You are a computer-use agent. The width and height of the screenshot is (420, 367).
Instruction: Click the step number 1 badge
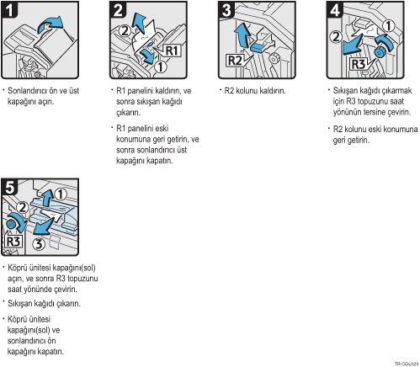pyautogui.click(x=9, y=9)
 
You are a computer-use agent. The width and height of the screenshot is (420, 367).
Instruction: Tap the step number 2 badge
pyautogui.click(x=118, y=9)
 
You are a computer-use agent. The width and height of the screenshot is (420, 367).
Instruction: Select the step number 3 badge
pyautogui.click(x=226, y=9)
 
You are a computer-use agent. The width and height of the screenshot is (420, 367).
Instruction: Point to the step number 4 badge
pyautogui.click(x=335, y=9)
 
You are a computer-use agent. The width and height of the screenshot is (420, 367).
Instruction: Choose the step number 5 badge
pyautogui.click(x=9, y=187)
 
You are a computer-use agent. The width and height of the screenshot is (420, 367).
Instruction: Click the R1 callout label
pyautogui.click(x=172, y=51)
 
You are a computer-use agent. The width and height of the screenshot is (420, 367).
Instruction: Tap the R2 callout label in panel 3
pyautogui.click(x=235, y=60)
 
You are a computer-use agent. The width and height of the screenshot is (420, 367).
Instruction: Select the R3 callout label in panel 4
pyautogui.click(x=359, y=64)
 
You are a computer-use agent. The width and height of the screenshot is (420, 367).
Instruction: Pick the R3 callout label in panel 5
pyautogui.click(x=13, y=242)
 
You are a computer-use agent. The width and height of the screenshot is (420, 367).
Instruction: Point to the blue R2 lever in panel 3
pyautogui.click(x=258, y=46)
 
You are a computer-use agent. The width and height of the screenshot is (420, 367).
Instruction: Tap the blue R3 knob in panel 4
pyautogui.click(x=380, y=52)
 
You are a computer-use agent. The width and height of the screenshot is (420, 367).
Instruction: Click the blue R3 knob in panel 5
pyautogui.click(x=12, y=224)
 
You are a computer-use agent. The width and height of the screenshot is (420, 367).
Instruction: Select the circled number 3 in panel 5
pyautogui.click(x=39, y=244)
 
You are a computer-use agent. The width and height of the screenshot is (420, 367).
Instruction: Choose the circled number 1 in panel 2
pyautogui.click(x=160, y=66)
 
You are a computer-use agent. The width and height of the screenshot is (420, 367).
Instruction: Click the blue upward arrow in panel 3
pyautogui.click(x=242, y=35)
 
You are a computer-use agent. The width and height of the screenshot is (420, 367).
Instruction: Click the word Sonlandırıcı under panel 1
pyautogui.click(x=26, y=91)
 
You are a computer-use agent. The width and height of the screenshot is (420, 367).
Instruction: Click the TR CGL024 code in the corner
pyautogui.click(x=407, y=364)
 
